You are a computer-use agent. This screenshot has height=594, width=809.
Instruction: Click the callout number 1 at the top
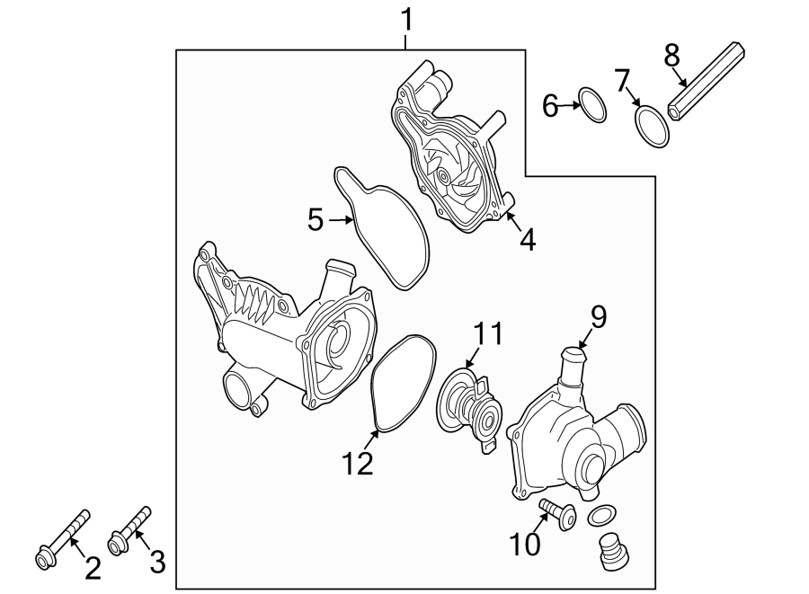406,17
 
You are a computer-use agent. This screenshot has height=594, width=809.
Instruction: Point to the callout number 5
315,219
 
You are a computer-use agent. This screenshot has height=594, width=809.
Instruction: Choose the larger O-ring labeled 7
652,126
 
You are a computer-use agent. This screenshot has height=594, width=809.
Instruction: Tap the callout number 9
599,316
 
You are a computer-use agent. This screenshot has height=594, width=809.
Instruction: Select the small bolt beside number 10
557,517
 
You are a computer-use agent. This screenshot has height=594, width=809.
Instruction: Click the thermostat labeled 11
472,406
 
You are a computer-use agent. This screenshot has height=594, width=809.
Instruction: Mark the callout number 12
357,465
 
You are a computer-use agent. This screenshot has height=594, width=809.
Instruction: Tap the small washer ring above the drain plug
602,516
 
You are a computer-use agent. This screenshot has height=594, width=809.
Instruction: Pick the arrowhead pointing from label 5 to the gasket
351,219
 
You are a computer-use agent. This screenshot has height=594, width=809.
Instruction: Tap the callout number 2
93,568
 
